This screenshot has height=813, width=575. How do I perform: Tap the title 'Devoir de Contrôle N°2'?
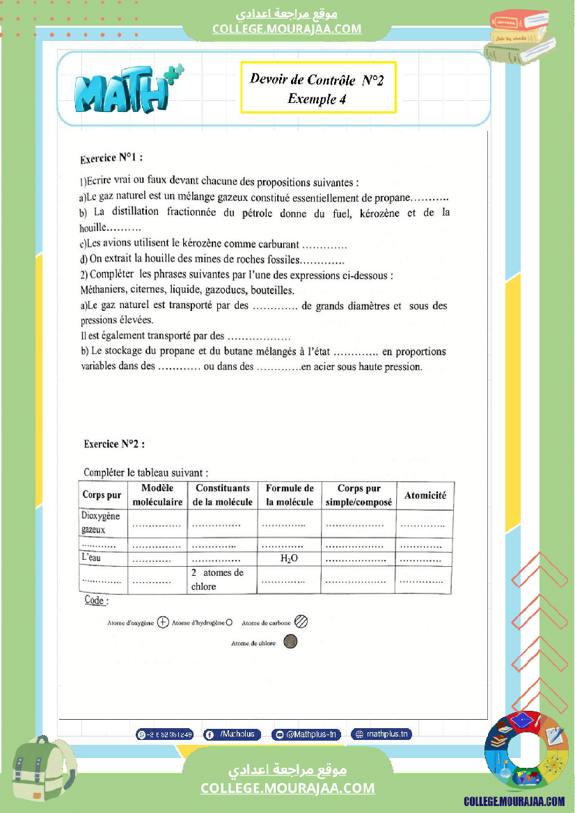tap(317, 80)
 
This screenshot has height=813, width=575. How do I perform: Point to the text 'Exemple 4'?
tap(317, 99)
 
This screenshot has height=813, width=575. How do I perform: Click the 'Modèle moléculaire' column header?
tap(157, 495)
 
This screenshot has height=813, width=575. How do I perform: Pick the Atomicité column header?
tap(425, 496)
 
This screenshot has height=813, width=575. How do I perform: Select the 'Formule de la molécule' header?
tap(290, 495)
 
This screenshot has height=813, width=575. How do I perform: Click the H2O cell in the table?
tap(290, 559)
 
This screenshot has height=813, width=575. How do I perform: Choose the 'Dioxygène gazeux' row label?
tap(102, 522)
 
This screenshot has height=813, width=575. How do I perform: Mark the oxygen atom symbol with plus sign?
tap(163, 622)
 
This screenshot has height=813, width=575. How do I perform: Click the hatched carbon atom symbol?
tap(301, 622)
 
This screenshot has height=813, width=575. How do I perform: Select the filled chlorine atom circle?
tap(291, 642)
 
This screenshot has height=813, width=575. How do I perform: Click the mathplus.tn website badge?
tap(381, 734)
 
